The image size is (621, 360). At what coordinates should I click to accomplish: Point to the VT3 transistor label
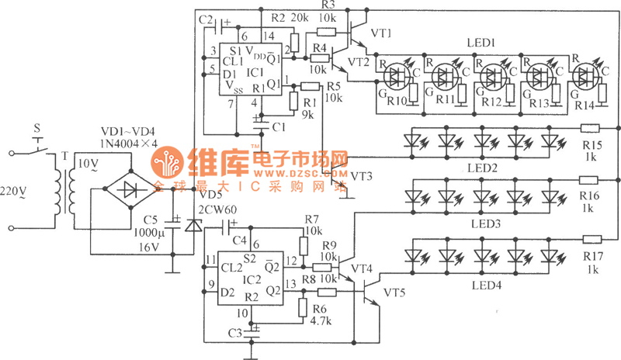(361, 176)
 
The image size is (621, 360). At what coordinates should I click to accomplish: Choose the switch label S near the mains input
(34, 126)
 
